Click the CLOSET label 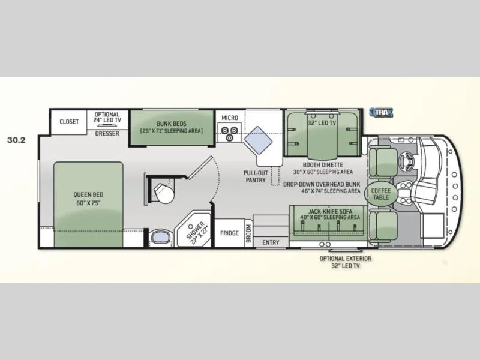click(x=69, y=122)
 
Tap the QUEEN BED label click(x=88, y=194)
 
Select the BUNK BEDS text click(x=172, y=124)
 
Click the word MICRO click(x=230, y=118)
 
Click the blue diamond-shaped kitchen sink click(x=259, y=141)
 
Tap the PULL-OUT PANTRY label click(x=256, y=176)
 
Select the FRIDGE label click(x=230, y=233)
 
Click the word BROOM click(x=248, y=233)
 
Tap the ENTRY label click(x=271, y=242)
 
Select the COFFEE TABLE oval click(x=381, y=194)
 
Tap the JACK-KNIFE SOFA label click(x=330, y=211)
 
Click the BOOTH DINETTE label click(x=323, y=165)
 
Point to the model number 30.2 click(x=17, y=140)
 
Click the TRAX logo click(x=381, y=113)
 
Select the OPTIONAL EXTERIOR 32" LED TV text click(x=346, y=262)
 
